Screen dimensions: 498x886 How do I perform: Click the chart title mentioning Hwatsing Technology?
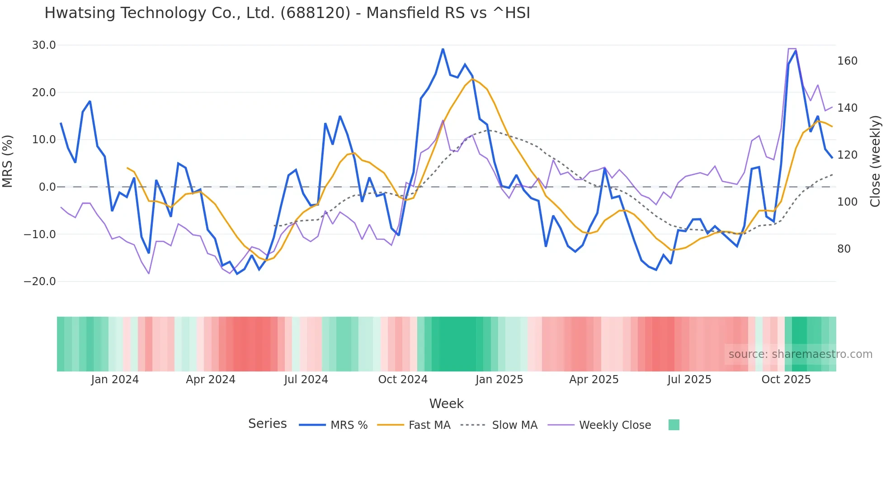coord(287,13)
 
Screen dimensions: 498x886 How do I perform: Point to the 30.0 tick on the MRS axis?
coord(44,45)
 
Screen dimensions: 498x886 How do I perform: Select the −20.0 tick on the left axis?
coord(40,282)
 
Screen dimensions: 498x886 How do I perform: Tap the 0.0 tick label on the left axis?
coord(47,187)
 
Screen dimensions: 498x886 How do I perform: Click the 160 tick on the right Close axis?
coord(847,61)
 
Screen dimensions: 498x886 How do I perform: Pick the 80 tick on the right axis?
coord(844,249)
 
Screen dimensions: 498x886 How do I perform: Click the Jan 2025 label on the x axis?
coord(499,380)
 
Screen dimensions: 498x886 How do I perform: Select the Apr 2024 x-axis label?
coord(211,380)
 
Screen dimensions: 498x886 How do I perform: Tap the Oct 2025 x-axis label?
coord(786,380)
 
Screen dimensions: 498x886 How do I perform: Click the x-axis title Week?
coord(446,404)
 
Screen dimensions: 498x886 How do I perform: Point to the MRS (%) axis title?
coord(8,161)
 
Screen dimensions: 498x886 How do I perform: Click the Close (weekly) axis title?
coord(876,161)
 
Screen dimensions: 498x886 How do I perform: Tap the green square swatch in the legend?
coord(674,425)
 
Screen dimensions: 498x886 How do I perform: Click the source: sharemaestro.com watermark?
coord(800,354)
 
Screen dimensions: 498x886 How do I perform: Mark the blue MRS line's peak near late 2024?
coord(443,49)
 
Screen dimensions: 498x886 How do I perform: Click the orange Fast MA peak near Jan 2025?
coord(472,79)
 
